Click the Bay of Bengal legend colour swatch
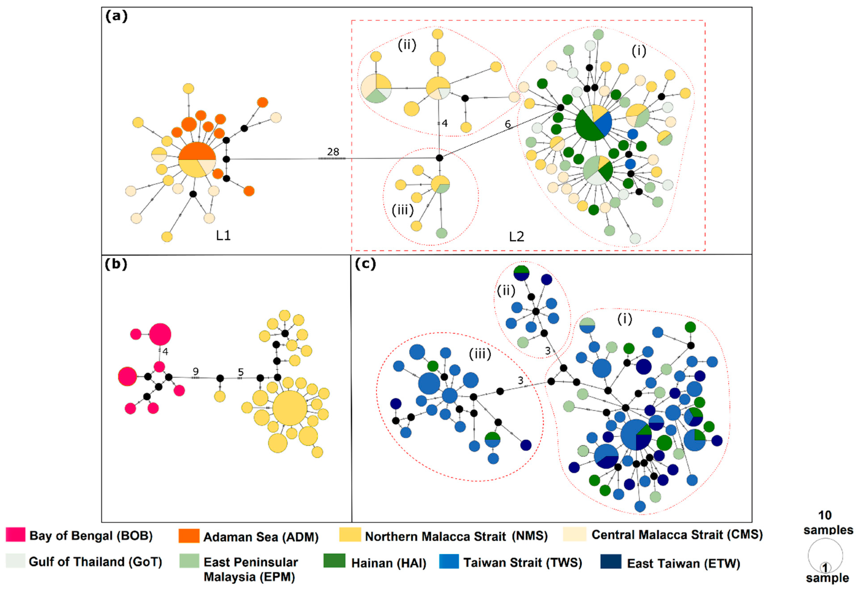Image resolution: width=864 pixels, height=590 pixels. (16, 534)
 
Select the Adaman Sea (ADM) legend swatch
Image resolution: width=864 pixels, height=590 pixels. (189, 536)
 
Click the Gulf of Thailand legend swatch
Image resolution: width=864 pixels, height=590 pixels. (16, 561)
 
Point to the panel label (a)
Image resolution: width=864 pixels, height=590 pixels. (116, 16)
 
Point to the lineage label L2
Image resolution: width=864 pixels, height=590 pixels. (516, 237)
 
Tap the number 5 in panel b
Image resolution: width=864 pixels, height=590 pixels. (241, 372)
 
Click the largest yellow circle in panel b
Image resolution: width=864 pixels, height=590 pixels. (290, 408)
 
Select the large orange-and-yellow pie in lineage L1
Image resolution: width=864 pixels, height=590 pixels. (197, 160)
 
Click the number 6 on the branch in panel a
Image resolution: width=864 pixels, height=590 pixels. (508, 124)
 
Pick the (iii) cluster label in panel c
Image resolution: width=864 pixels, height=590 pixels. (480, 354)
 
